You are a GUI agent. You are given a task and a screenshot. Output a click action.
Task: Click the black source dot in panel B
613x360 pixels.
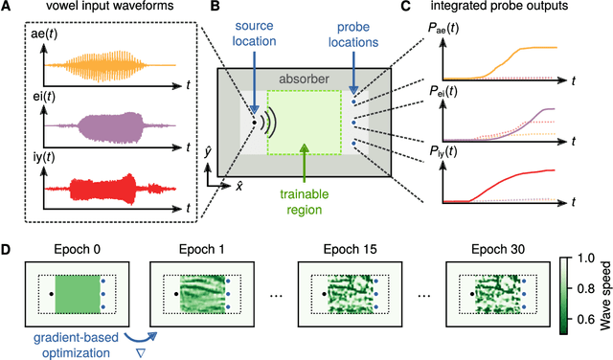[x=253, y=122]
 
